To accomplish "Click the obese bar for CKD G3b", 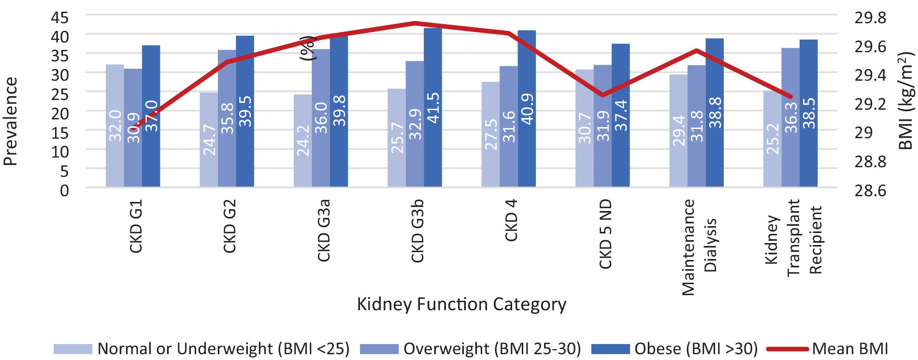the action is pyautogui.click(x=433, y=107).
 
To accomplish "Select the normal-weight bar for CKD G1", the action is pyautogui.click(x=115, y=126).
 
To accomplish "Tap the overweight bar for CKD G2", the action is pyautogui.click(x=227, y=118).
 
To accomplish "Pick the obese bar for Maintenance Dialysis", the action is pyautogui.click(x=715, y=113).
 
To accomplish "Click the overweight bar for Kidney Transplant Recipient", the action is pyautogui.click(x=790, y=117).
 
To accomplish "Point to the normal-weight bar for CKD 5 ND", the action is pyautogui.click(x=585, y=128).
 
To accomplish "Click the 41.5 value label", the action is pyautogui.click(x=433, y=108).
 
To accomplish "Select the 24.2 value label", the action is pyautogui.click(x=303, y=141).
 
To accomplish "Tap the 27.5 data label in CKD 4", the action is pyautogui.click(x=491, y=134).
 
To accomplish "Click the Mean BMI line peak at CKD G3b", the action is pyautogui.click(x=415, y=23).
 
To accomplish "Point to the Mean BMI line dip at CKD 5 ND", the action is pyautogui.click(x=602, y=95).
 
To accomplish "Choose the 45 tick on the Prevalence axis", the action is pyautogui.click(x=60, y=17).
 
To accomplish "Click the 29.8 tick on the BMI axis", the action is pyautogui.click(x=870, y=17).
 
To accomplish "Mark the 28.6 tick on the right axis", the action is pyautogui.click(x=870, y=190).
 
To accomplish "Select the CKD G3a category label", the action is pyautogui.click(x=324, y=230).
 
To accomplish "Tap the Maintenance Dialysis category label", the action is pyautogui.click(x=699, y=247).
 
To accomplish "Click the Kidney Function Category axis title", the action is pyautogui.click(x=461, y=304).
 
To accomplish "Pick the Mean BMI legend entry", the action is pyautogui.click(x=827, y=348).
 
